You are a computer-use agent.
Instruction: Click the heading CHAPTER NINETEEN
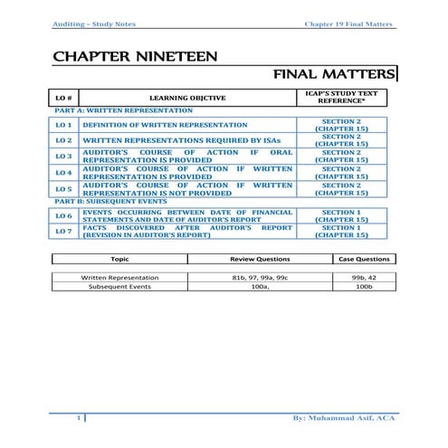(135, 57)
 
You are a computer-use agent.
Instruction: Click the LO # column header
(65, 98)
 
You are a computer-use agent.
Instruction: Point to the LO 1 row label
(64, 125)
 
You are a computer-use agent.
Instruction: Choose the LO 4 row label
(64, 172)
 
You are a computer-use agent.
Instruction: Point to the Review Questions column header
(261, 259)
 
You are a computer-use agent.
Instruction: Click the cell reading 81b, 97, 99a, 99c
(261, 277)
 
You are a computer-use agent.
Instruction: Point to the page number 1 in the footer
(81, 418)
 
